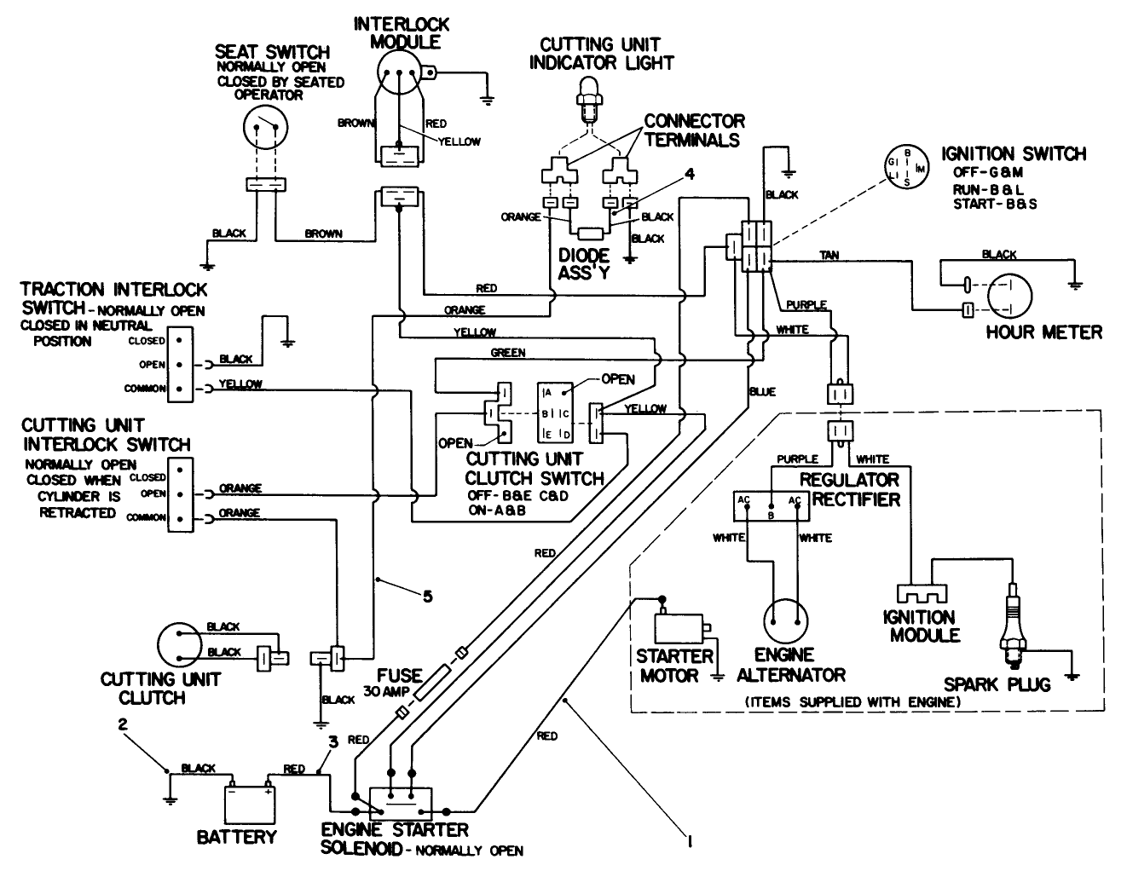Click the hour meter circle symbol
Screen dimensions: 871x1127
tap(1010, 296)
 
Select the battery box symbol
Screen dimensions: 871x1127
tap(247, 802)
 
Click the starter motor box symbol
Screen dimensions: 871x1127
tap(678, 629)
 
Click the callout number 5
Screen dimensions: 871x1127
tap(428, 597)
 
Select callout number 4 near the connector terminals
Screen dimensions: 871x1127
tap(690, 174)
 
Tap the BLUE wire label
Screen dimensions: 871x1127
tap(762, 391)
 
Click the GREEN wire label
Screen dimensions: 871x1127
tap(508, 352)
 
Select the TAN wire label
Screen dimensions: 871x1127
tap(829, 255)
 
